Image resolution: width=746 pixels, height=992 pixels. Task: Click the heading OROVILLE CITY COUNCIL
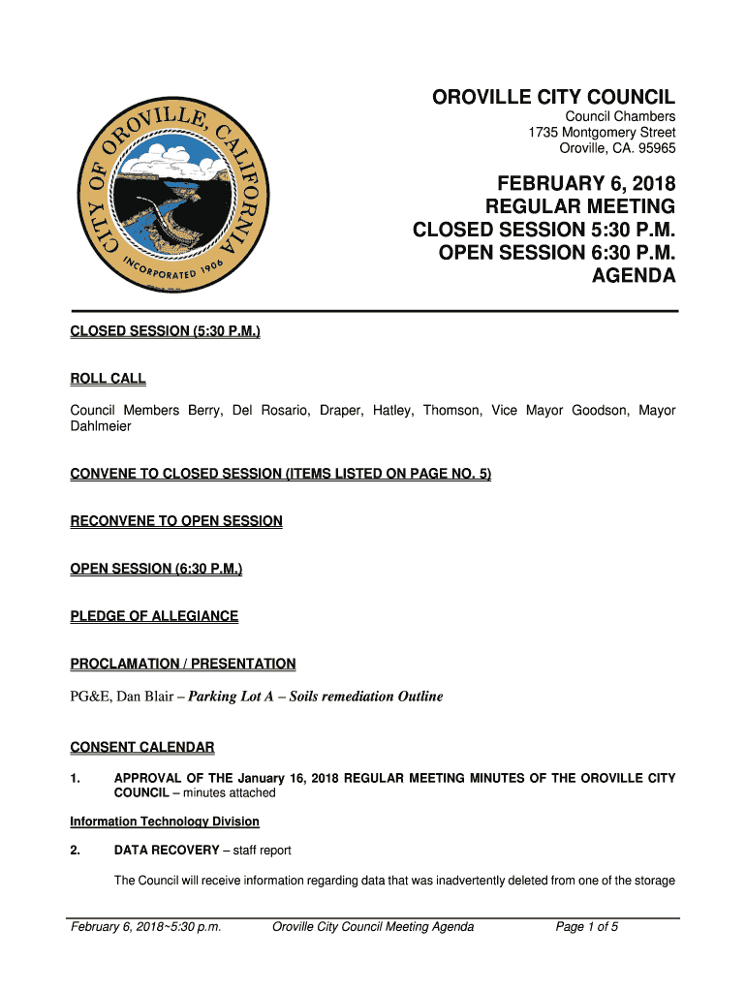click(x=553, y=97)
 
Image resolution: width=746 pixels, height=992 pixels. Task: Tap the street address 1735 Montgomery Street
click(x=602, y=133)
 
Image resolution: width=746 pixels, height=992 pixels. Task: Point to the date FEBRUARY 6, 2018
click(x=586, y=183)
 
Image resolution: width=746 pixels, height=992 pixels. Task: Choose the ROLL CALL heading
click(x=108, y=379)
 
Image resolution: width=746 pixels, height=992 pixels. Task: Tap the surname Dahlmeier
click(x=101, y=426)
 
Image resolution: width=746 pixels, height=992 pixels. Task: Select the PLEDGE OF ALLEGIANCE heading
click(x=154, y=616)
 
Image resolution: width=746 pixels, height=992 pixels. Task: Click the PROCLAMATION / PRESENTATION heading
click(x=183, y=664)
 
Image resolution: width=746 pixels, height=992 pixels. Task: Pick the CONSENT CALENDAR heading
click(x=142, y=747)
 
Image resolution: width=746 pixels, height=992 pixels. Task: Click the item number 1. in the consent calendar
click(x=77, y=778)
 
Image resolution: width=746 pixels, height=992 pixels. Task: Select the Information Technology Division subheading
click(x=165, y=821)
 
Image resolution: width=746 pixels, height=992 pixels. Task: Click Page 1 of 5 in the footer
click(x=587, y=927)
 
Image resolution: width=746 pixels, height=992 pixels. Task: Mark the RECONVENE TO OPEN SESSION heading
click(x=176, y=521)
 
